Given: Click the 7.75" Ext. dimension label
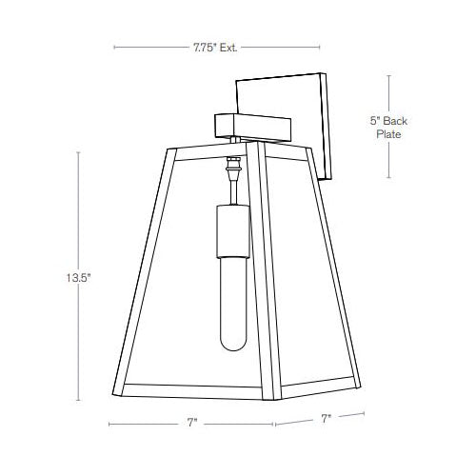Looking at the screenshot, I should pos(214,45).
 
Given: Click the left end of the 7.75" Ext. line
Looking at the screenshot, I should pos(113,45).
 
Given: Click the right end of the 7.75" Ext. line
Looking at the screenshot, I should pos(319,45).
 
